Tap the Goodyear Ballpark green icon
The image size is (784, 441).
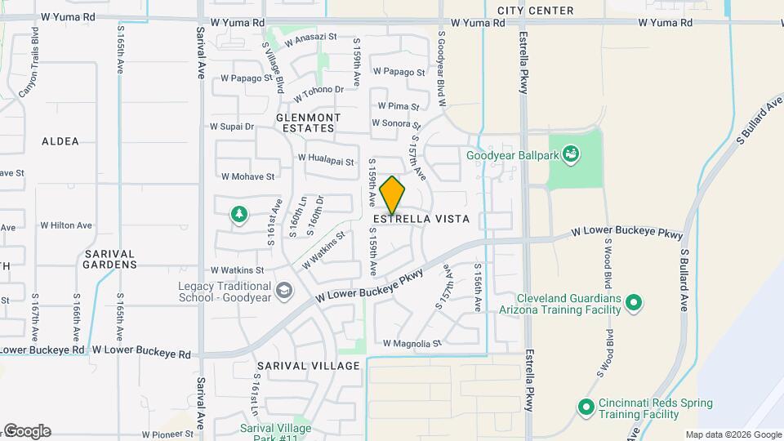[571, 154]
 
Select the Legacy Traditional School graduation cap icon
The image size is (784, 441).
[284, 291]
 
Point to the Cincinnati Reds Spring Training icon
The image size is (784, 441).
[585, 407]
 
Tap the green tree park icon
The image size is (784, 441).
[238, 214]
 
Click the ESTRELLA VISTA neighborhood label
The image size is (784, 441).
[421, 220]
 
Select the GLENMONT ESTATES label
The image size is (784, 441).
[305, 122]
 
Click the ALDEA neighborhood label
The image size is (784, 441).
[60, 141]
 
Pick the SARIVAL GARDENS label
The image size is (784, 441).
[110, 259]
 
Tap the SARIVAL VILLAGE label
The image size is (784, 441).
[308, 366]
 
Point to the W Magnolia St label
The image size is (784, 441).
[412, 344]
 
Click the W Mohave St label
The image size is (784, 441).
[247, 176]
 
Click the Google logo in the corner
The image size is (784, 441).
[27, 431]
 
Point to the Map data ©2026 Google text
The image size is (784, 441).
[733, 434]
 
